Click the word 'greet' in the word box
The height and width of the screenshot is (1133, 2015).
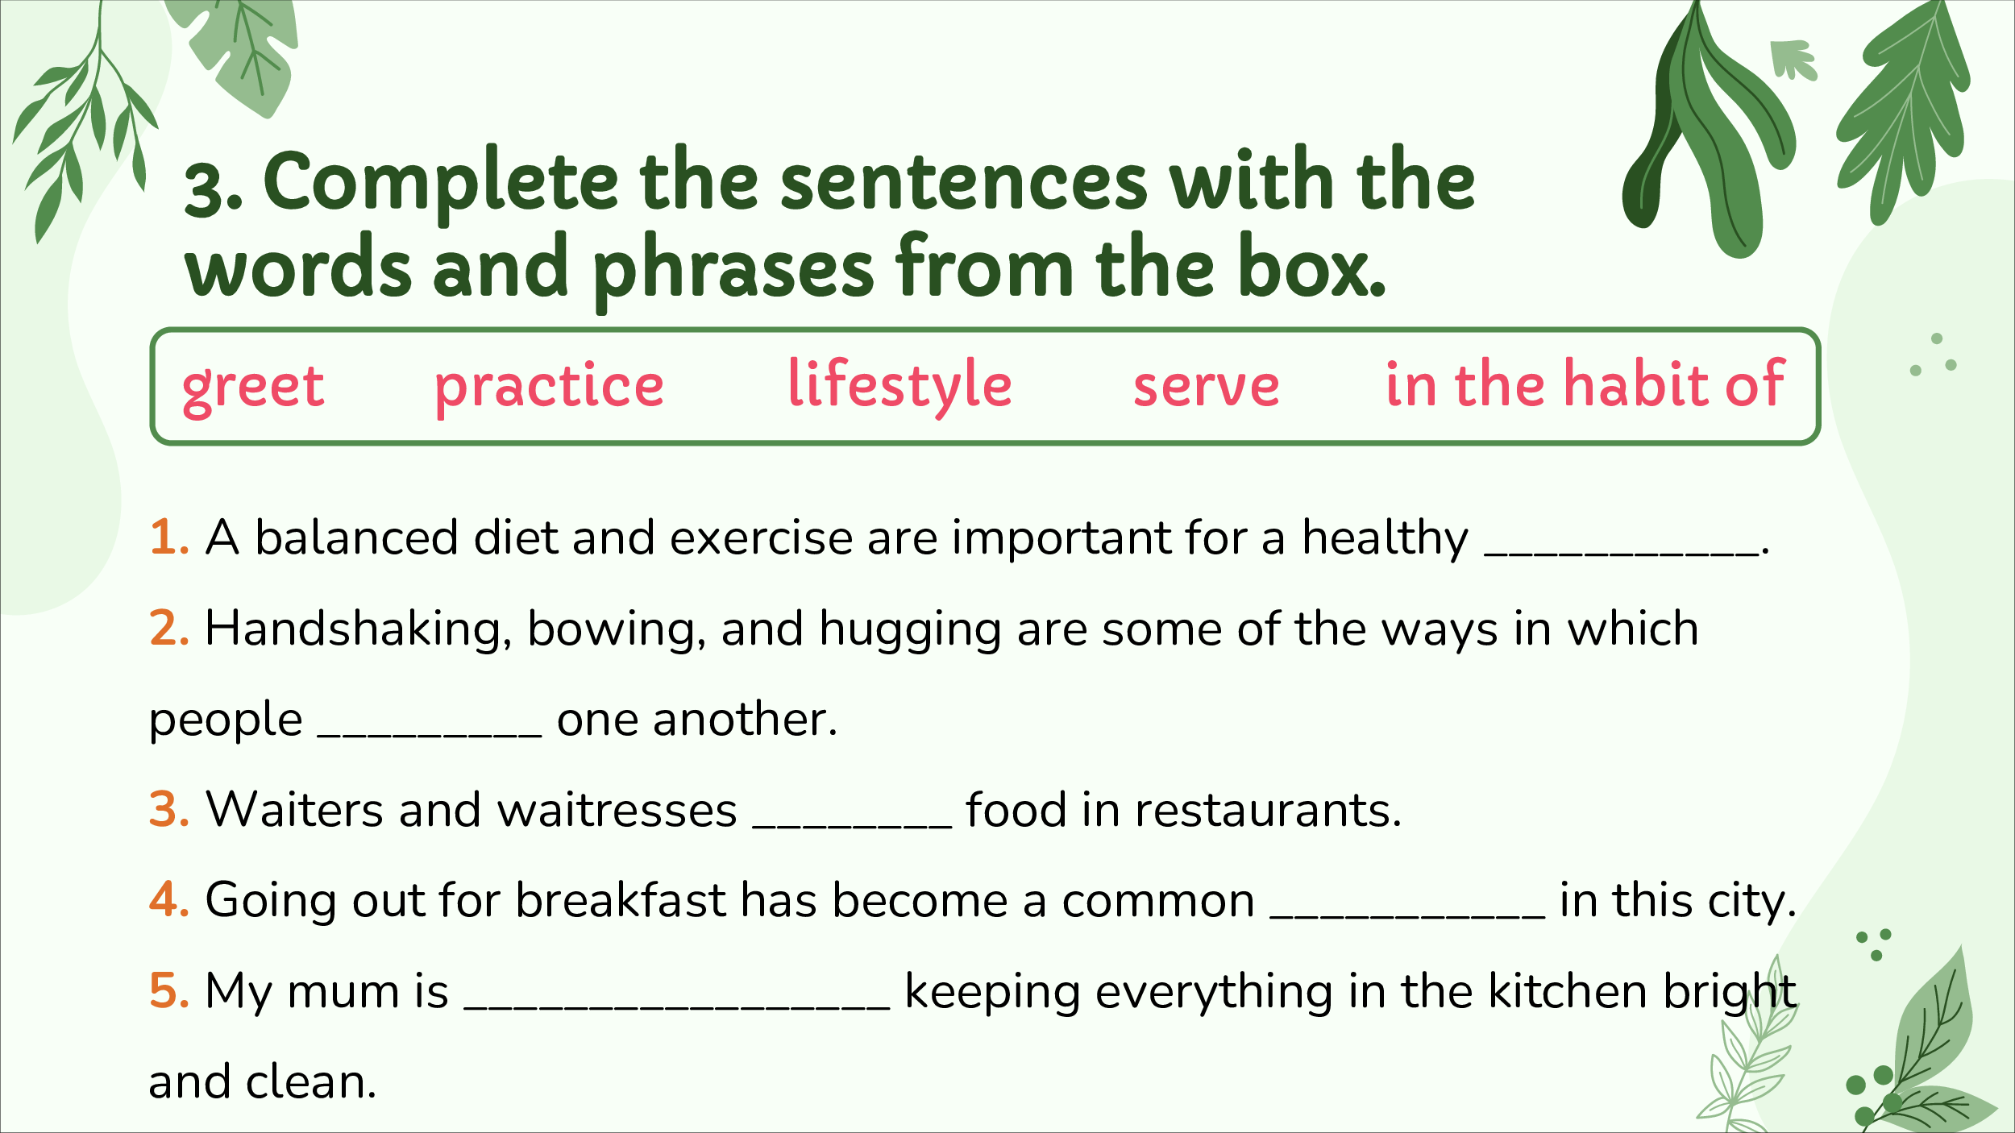point(253,388)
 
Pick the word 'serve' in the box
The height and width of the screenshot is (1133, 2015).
point(1206,388)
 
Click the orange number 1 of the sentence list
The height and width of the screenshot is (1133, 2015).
point(169,537)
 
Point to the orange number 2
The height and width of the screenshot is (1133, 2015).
point(169,629)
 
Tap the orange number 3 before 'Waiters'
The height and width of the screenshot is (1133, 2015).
point(169,810)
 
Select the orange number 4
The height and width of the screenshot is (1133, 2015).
point(169,900)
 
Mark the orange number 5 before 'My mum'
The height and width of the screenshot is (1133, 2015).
point(169,991)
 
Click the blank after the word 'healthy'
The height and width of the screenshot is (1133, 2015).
point(1621,554)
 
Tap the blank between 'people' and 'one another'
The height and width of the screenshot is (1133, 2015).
point(430,735)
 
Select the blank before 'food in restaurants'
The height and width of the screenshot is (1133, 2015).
point(852,826)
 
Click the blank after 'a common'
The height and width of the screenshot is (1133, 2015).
point(1407,916)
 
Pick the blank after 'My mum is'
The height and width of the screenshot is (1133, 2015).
point(678,1007)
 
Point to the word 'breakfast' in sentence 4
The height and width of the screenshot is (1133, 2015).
point(621,899)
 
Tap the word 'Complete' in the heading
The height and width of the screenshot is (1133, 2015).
point(441,185)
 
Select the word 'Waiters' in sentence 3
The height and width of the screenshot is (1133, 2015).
point(294,810)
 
